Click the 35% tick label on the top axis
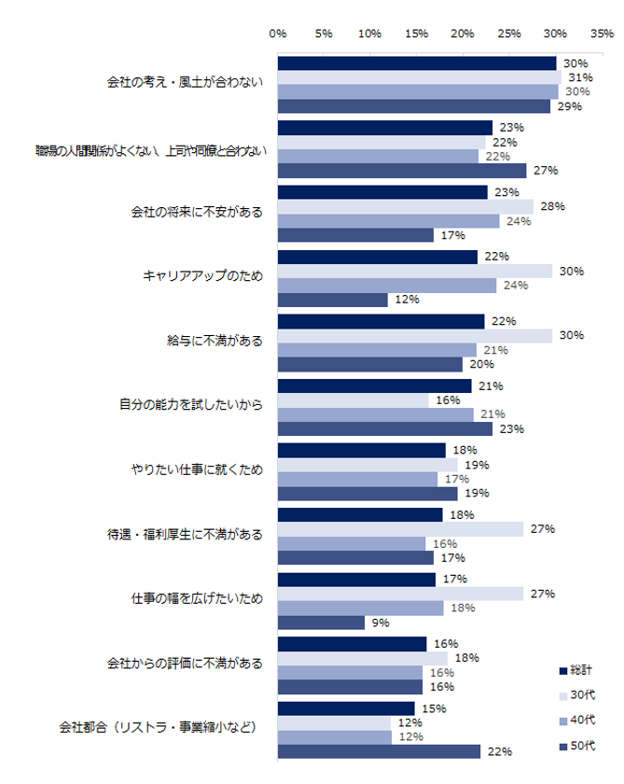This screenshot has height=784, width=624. tap(602, 34)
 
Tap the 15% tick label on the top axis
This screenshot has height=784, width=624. tap(416, 34)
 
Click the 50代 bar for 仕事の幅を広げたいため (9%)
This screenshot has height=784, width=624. tap(321, 623)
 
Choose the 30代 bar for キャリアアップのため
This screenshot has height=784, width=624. tap(417, 271)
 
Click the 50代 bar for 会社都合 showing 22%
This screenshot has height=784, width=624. tap(379, 751)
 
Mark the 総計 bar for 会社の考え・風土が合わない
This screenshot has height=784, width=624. tap(417, 63)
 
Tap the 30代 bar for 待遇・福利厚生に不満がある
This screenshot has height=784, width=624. tap(400, 529)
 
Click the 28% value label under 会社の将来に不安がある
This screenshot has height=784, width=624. tap(552, 206)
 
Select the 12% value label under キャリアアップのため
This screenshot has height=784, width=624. tap(407, 300)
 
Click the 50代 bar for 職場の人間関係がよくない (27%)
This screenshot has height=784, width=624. tap(402, 171)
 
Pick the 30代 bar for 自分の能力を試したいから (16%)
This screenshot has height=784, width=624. tap(353, 400)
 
